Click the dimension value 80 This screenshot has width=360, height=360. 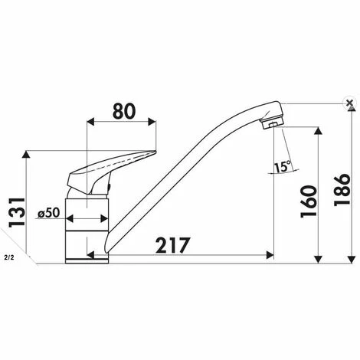coord(124,112)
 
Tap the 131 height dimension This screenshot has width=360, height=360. coord(17,212)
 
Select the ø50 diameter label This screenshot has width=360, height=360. coord(48,213)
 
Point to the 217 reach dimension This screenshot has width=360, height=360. coord(173,245)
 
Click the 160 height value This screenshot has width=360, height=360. coord(309,201)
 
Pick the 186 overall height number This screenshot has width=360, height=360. coord(342,190)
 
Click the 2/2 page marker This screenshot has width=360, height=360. coord(9,257)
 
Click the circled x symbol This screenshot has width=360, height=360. coord(349,103)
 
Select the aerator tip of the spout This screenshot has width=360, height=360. coord(273,124)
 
